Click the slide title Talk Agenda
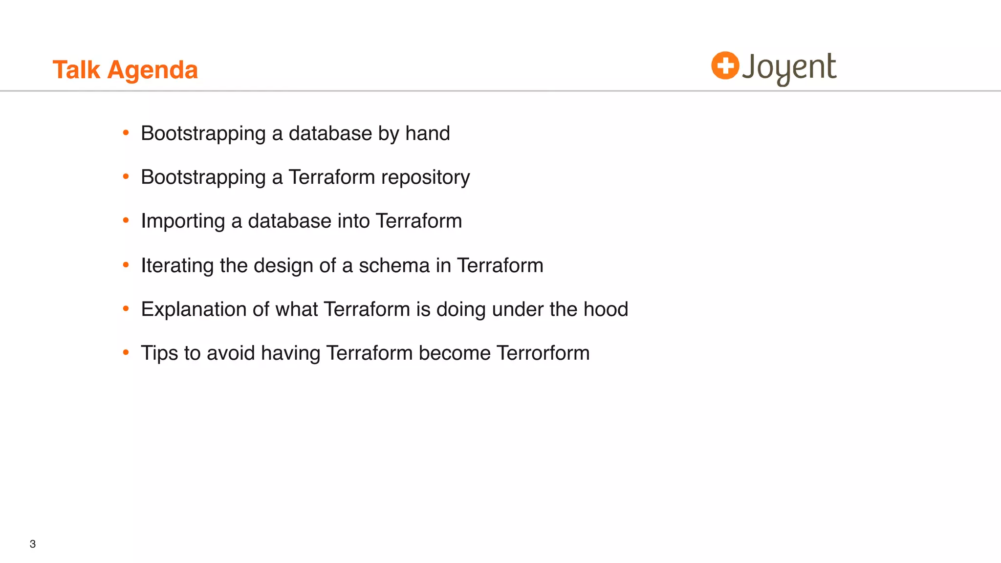125,70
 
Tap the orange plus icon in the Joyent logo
725,65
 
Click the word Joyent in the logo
789,67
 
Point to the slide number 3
33,544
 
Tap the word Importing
183,221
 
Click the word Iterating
177,265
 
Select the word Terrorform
543,353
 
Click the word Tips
159,353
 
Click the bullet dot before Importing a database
126,220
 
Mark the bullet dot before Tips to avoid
126,352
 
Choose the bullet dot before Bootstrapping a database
126,132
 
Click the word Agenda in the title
152,70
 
